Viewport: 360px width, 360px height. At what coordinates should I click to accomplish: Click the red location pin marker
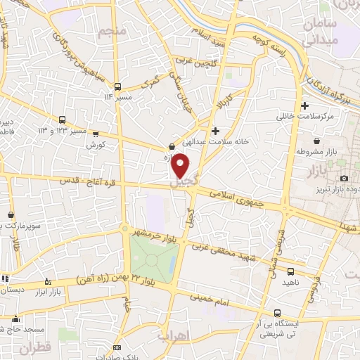pos(181,165)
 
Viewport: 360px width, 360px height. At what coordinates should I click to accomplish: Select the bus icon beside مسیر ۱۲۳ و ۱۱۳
pos(63,120)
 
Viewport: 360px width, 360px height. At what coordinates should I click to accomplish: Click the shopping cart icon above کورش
pos(96,134)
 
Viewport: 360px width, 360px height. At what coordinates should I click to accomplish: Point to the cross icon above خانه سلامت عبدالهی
pos(215,130)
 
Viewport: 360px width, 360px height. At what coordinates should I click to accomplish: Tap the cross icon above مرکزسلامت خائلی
pos(304,107)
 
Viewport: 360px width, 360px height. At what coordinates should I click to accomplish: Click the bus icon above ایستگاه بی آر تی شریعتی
pos(278,312)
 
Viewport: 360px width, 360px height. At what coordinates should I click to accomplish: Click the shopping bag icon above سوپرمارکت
pos(11,214)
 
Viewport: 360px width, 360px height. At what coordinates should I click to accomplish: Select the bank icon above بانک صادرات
pos(117,349)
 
